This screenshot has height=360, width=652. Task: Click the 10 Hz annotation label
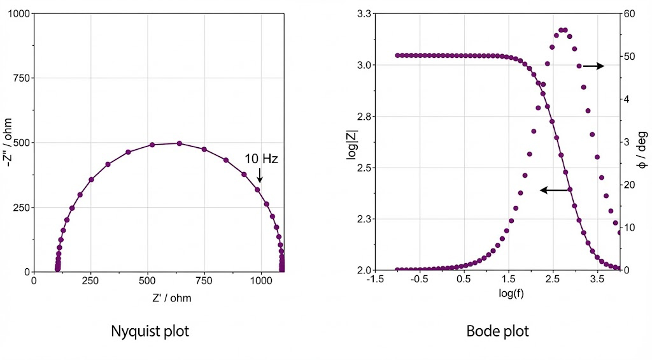pyautogui.click(x=262, y=159)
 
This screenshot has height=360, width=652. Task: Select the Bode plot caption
pyautogui.click(x=497, y=331)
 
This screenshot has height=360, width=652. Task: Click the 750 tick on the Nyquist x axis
pyautogui.click(x=204, y=280)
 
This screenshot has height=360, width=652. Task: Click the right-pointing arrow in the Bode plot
pyautogui.click(x=593, y=66)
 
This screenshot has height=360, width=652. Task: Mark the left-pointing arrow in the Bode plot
pyautogui.click(x=554, y=190)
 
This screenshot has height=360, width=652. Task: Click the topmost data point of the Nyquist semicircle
pyautogui.click(x=179, y=143)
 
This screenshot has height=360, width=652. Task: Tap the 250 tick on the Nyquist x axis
pyautogui.click(x=90, y=280)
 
